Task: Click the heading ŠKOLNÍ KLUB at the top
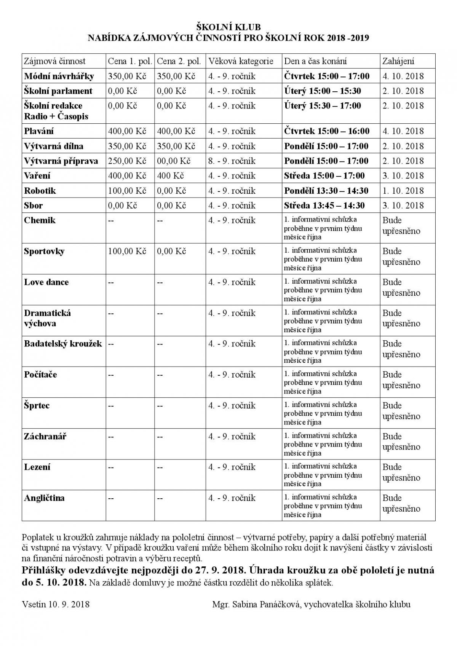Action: (228, 27)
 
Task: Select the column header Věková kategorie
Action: (241, 61)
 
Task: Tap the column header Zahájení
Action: (398, 61)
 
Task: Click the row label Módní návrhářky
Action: (59, 76)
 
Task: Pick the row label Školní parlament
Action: (58, 91)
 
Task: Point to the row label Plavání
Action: (39, 131)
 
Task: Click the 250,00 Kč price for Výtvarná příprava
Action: (127, 161)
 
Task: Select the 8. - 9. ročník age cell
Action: (232, 161)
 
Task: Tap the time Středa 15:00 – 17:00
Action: (324, 176)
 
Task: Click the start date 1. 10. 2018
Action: (403, 191)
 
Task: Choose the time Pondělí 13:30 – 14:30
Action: (326, 191)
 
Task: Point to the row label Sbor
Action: (34, 206)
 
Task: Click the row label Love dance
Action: (46, 282)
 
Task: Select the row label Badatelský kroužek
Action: (63, 344)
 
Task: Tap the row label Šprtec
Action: (37, 405)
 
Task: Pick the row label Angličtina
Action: (44, 498)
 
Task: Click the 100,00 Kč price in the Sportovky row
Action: (127, 251)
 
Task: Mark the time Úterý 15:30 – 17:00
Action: (323, 106)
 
